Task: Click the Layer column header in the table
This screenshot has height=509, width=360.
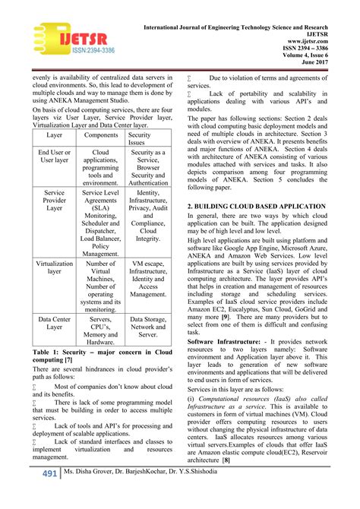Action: click(54, 134)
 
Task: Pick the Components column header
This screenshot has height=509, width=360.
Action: click(100, 134)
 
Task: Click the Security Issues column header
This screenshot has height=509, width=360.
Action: click(148, 138)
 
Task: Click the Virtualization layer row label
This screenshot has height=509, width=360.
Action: click(54, 268)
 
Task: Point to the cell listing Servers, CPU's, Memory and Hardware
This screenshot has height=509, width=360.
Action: click(100, 331)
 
